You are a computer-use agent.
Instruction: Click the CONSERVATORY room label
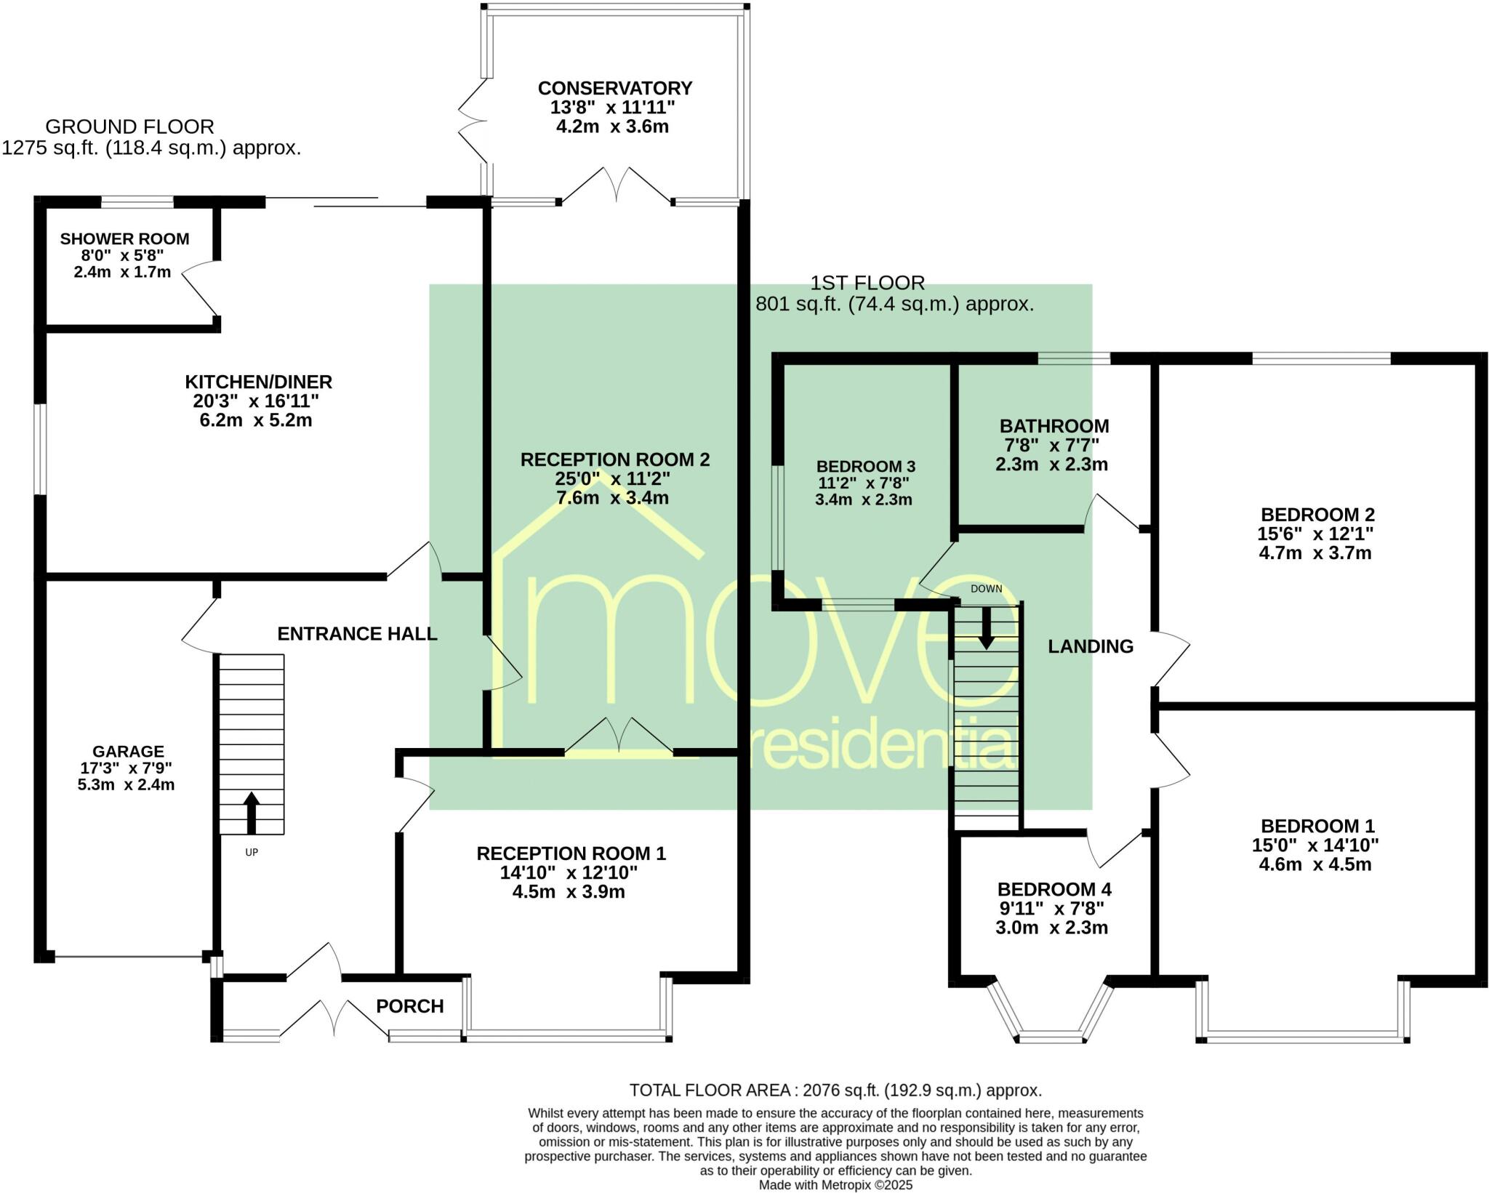pos(614,88)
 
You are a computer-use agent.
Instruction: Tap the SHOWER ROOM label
pos(124,238)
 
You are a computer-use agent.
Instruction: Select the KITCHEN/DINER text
pos(258,382)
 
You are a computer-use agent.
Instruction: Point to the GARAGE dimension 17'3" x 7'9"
pos(126,768)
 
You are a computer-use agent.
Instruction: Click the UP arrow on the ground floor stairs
pos(251,813)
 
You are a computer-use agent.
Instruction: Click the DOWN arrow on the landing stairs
pos(986,627)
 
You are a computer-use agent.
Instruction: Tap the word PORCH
pos(409,1006)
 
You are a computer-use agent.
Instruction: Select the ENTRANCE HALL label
pos(357,634)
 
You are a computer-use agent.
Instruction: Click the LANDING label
pos(1090,646)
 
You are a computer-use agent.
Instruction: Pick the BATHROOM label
pos(1053,426)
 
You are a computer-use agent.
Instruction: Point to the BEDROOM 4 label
pos(1053,889)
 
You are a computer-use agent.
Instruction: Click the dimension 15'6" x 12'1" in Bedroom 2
pos(1315,534)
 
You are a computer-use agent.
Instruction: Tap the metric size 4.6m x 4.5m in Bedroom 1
pos(1315,864)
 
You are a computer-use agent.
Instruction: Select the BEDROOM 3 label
pos(865,466)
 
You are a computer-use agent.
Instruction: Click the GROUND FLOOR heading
pos(129,126)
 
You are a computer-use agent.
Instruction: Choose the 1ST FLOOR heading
pos(867,283)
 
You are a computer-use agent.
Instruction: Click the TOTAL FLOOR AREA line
pos(835,1090)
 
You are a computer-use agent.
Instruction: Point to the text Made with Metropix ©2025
pos(835,1185)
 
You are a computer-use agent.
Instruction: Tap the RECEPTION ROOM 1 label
pos(571,853)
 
